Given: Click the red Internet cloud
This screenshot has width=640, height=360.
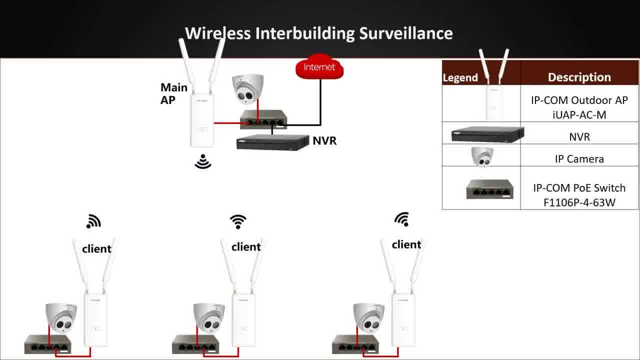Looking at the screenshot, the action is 319,67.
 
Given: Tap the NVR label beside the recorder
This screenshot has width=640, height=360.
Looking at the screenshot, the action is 324,140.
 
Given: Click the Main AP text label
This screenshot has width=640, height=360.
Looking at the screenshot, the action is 173,93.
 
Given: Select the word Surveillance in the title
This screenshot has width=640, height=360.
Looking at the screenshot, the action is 406,33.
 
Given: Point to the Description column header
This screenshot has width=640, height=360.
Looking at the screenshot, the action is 579,77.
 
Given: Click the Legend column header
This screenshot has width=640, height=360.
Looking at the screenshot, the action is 460,77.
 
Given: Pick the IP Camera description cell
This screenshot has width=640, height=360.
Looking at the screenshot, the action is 579,159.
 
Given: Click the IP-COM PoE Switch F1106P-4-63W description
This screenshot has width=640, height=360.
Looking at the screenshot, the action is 579,195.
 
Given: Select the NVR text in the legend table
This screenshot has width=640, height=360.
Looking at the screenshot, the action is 579,137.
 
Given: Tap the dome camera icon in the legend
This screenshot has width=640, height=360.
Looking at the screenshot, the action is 482,156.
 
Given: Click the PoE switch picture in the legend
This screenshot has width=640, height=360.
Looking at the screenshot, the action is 489,189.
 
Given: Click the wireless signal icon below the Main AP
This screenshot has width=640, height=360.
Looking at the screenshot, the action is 203,161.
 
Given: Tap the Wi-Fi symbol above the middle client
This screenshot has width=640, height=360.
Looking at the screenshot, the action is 238,221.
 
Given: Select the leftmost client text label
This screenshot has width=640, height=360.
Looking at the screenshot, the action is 96,249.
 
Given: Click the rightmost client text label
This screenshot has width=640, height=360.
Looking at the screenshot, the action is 406,244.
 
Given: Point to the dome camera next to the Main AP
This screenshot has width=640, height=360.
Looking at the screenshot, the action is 247,89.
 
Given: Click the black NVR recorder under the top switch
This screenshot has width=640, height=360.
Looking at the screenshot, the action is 272,142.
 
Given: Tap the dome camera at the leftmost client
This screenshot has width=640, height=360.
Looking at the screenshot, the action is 61,317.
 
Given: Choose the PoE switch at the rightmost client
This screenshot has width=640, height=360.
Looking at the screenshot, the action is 355,344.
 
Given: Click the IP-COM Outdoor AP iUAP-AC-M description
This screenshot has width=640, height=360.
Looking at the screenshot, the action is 579,107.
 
